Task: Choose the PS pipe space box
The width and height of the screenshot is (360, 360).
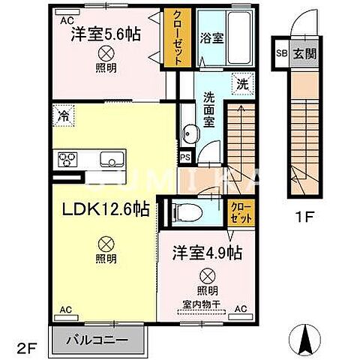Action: coord(184,157)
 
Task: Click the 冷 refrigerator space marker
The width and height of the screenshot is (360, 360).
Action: coord(64,116)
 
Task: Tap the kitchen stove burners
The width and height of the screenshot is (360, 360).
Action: coord(66,159)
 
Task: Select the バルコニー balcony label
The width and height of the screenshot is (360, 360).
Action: coord(97,338)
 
